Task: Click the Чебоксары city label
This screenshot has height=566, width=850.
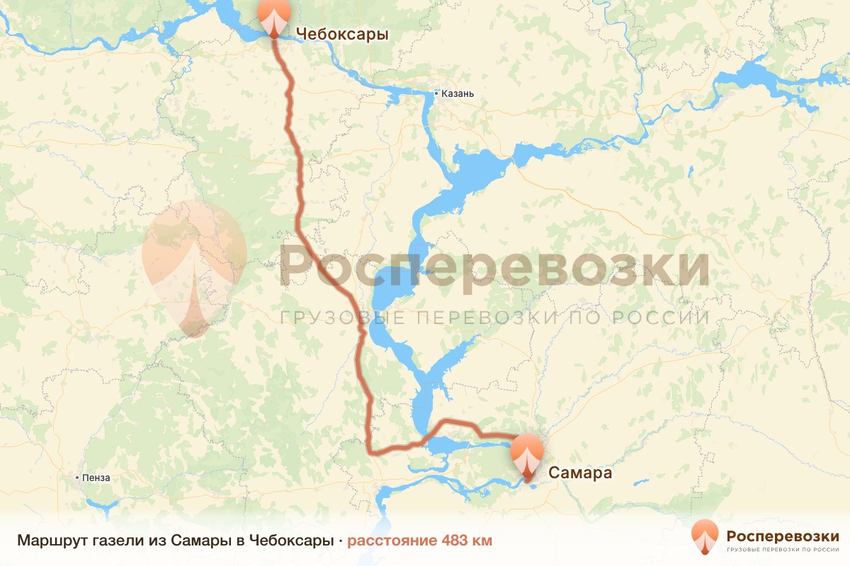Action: [x=341, y=34]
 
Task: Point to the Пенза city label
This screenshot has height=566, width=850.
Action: [x=96, y=478]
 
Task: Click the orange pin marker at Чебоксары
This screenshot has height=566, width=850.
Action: [x=274, y=16]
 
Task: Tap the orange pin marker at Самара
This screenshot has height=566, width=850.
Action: [x=527, y=456]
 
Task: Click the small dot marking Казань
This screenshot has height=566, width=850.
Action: [x=436, y=93]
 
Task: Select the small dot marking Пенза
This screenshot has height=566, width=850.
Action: [x=77, y=478]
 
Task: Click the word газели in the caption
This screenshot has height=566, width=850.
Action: [x=115, y=541]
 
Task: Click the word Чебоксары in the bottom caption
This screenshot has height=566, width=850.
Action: [x=291, y=541]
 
